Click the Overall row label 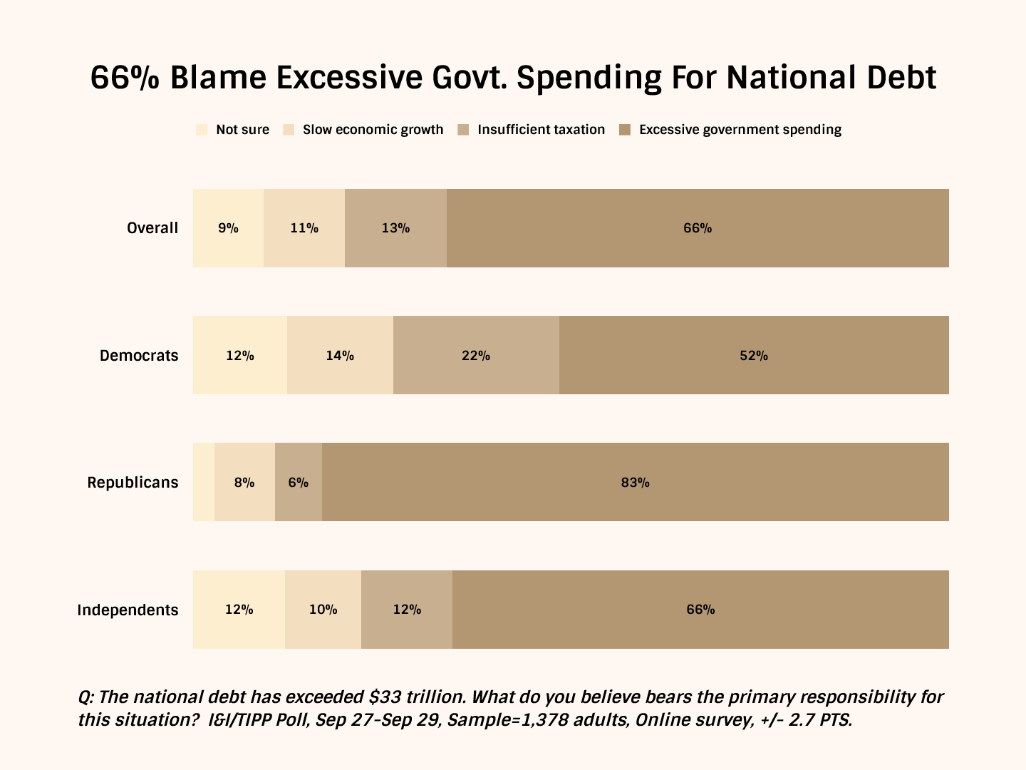coord(152,228)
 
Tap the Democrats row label coord(139,356)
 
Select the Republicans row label coord(133,483)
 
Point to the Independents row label coord(128,610)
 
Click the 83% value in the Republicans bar coord(635,483)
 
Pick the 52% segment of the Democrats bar coord(754,356)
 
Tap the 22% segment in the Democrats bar coord(476,356)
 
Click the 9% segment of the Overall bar coord(228,228)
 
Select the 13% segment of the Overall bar coord(395,228)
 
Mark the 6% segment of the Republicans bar coord(299,483)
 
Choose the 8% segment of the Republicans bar coord(244,483)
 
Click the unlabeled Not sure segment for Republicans coord(204,483)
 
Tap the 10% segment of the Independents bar coord(323,610)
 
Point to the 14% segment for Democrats coord(340,356)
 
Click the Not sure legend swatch coord(202,130)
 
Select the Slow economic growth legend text coord(373,130)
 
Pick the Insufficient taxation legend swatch coord(464,130)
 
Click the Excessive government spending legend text coord(740,130)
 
